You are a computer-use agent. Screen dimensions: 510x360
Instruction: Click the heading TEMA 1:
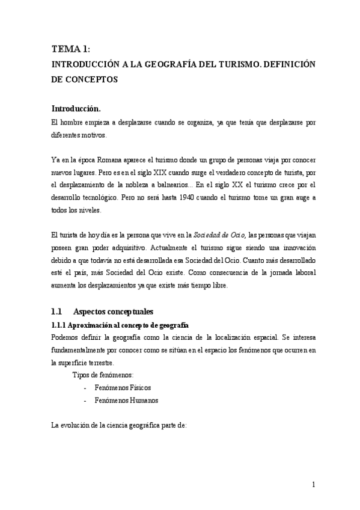(70, 49)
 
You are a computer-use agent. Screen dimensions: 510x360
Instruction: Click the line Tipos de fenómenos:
(99, 375)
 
